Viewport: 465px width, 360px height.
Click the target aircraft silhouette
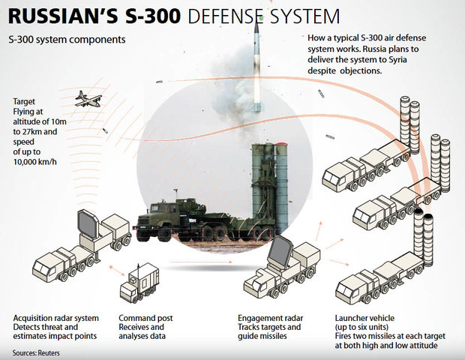[x=88, y=99]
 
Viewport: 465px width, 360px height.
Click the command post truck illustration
[x=139, y=283]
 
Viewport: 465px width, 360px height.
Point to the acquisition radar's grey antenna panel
[x=88, y=224]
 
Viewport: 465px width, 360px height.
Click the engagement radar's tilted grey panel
[x=280, y=250]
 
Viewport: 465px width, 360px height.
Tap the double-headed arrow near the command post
[x=117, y=271]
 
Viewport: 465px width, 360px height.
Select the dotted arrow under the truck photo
[x=201, y=262]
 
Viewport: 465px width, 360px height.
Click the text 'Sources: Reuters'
[x=36, y=353]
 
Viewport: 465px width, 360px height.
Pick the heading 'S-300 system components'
[x=67, y=40]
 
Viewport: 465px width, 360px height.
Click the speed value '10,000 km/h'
[x=35, y=162]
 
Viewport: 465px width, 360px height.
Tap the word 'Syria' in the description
[x=397, y=60]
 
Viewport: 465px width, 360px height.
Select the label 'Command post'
[x=145, y=318]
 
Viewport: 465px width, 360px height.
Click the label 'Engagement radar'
[x=271, y=318]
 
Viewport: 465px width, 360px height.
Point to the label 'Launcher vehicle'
[x=364, y=318]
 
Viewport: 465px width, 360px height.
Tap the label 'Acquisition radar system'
[x=56, y=318]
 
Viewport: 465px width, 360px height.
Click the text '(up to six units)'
[x=361, y=327]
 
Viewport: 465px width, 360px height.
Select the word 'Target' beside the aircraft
[x=24, y=101]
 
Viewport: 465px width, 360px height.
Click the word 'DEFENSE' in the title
[x=225, y=16]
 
